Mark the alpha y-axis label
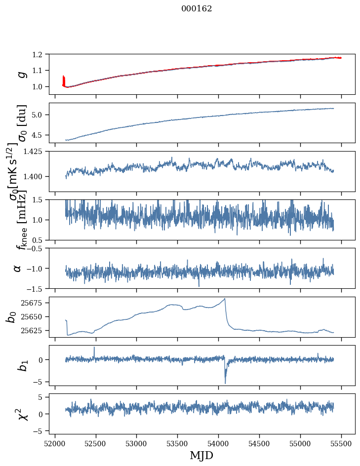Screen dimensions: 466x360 18,268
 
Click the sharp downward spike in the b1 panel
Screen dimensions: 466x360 225,382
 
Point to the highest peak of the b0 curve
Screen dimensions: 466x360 225,299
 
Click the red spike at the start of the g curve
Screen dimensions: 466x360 64,79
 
